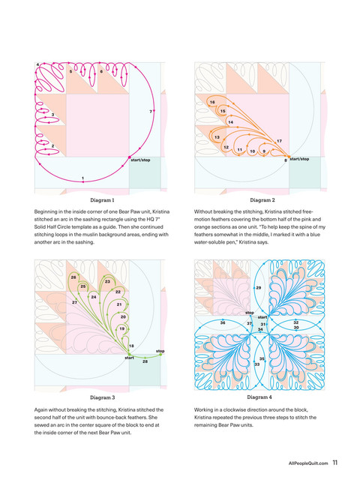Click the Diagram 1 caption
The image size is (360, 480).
coord(102,200)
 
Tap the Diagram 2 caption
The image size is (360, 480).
coord(262,200)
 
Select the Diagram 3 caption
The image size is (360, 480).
coord(103,397)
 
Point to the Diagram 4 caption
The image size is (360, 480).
coord(259,397)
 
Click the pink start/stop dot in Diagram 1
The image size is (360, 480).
coord(130,157)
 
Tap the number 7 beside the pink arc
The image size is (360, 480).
coord(151,112)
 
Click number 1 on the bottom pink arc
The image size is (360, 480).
coord(82,178)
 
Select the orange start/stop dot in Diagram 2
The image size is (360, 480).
coord(289,157)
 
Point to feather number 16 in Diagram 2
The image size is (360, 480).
coord(212,102)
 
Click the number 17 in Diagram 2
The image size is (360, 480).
coord(279,141)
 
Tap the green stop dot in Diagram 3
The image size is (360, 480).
coord(160,355)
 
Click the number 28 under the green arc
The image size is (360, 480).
coord(145,361)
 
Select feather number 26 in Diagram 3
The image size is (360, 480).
coord(73,277)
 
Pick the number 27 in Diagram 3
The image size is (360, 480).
coord(74,302)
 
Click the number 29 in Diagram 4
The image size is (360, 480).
coord(259,288)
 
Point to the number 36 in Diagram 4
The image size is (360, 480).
coord(223,322)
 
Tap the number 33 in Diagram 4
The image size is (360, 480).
coord(256,364)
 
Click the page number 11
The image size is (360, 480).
coord(335,463)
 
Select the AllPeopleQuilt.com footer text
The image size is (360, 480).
coord(308,463)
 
